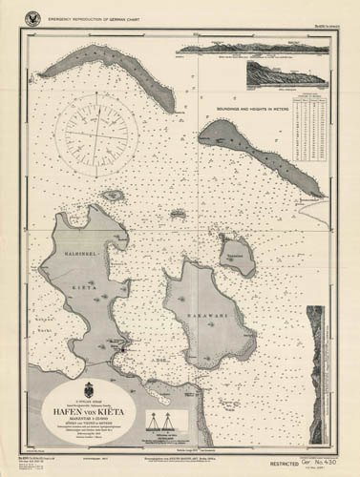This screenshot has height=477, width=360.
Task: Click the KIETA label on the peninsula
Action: coord(85,284)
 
